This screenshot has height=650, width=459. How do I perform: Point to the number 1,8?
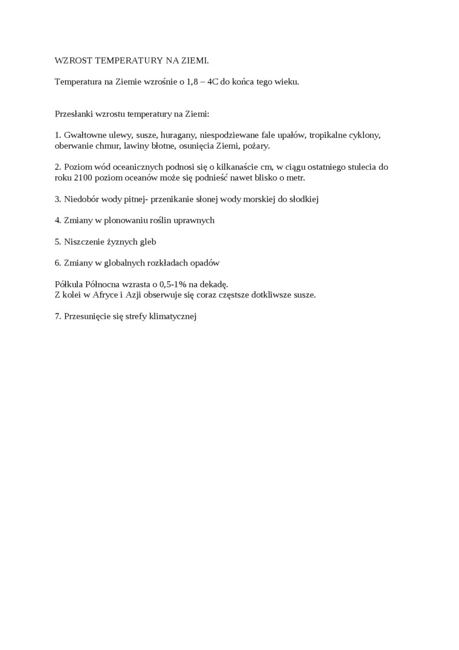[x=192, y=82]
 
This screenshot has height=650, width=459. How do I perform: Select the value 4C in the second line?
[x=213, y=82]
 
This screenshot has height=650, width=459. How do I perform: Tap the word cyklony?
[x=365, y=135]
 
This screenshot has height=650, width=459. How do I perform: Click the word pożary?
[x=257, y=146]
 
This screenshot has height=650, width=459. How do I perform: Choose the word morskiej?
[x=255, y=199]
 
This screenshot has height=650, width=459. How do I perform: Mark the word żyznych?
[x=124, y=242]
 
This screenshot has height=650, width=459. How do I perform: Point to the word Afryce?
[x=103, y=295]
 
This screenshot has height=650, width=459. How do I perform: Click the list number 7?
[x=57, y=316]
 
